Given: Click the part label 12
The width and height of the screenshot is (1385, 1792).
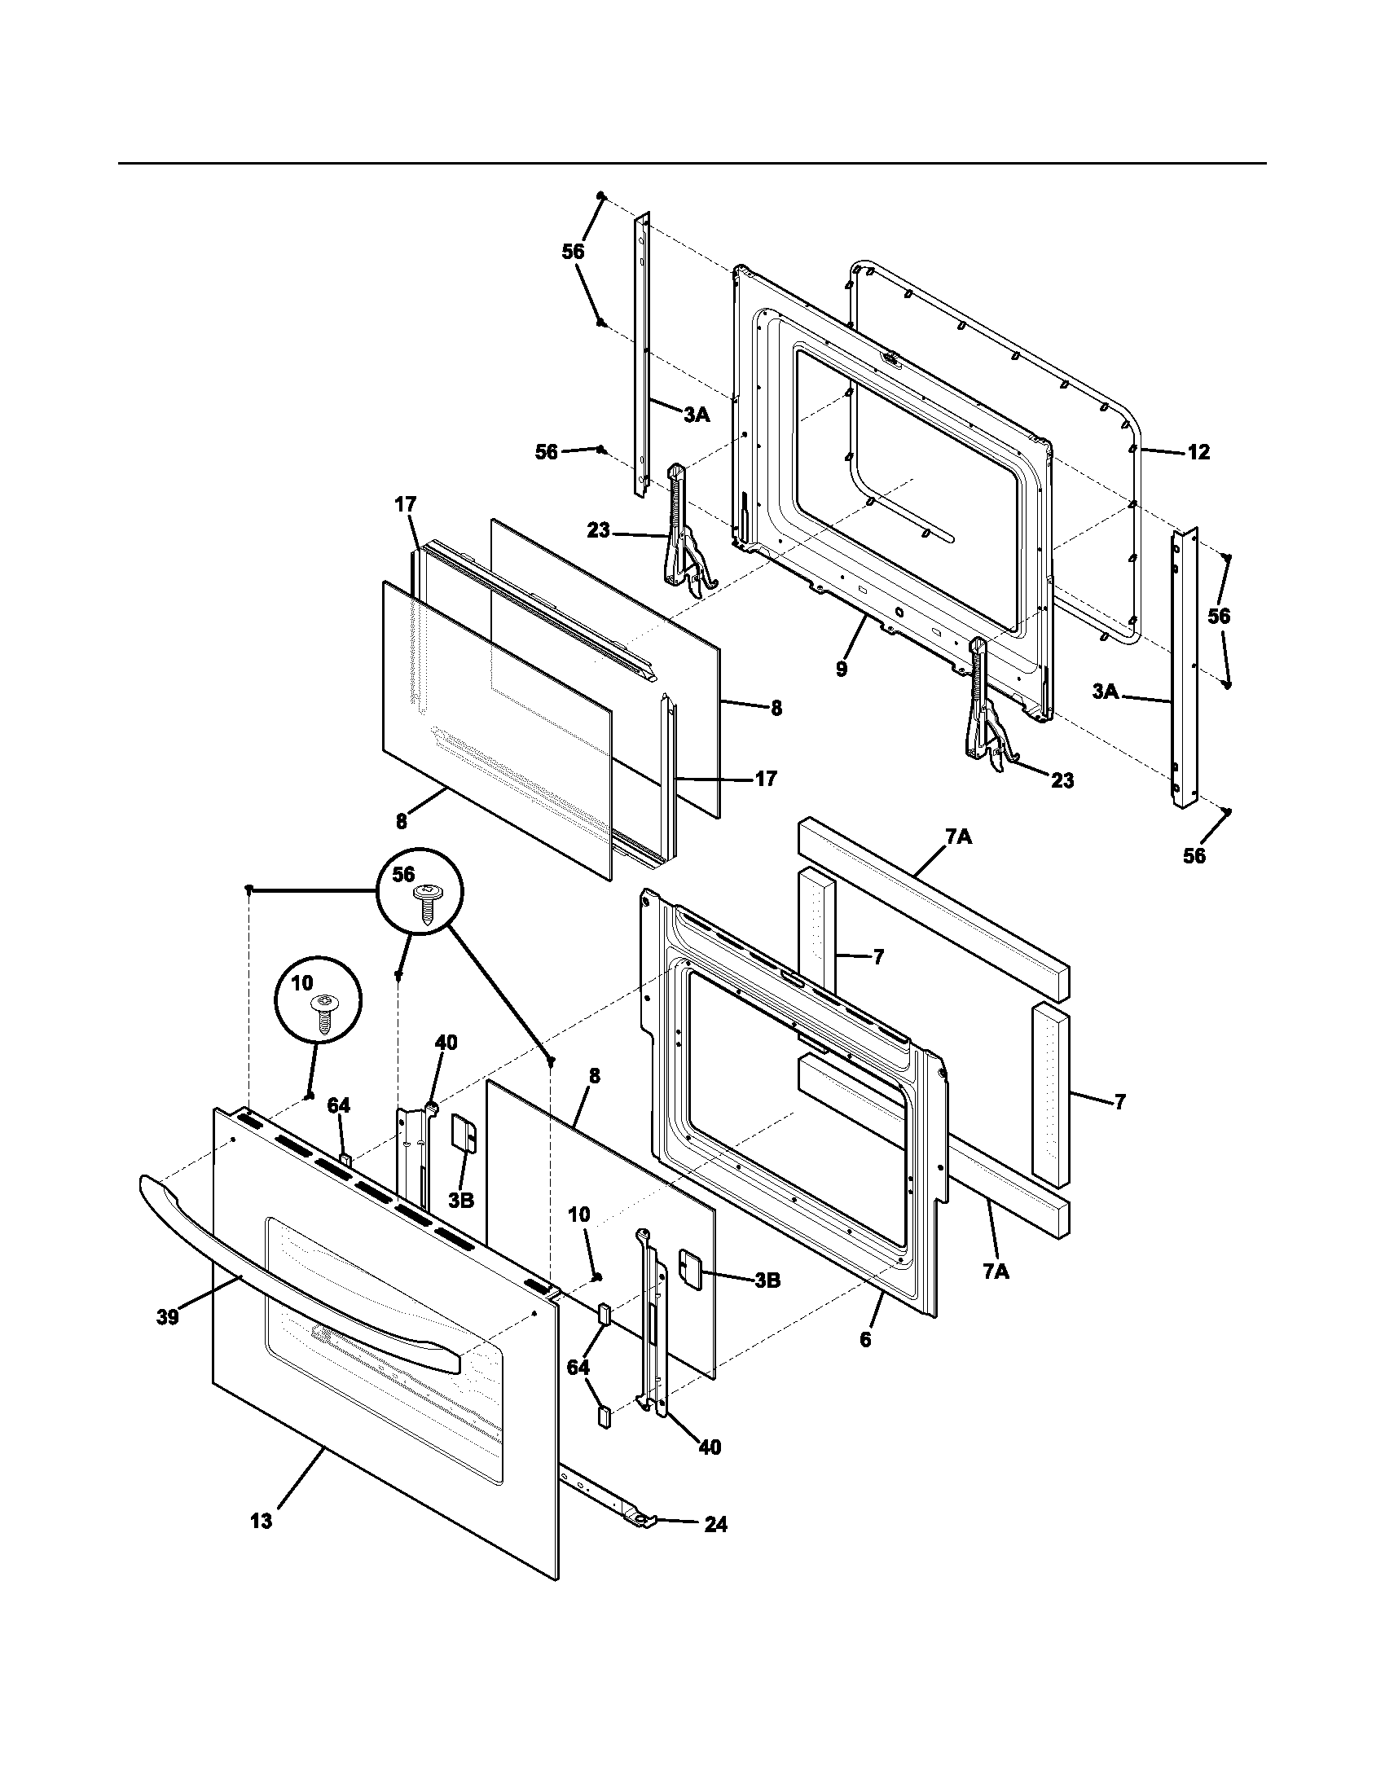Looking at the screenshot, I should click(x=1198, y=452).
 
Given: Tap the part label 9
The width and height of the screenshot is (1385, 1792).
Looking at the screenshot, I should click(x=842, y=670).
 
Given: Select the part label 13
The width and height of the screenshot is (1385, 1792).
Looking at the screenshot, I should click(x=261, y=1522).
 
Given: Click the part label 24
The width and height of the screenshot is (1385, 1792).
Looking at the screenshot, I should click(x=715, y=1525).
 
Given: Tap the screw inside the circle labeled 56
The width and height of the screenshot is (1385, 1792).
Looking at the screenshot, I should click(x=427, y=903).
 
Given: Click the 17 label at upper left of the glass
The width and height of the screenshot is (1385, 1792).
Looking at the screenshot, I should click(x=406, y=505).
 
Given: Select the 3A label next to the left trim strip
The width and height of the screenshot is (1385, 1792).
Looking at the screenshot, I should click(x=697, y=416).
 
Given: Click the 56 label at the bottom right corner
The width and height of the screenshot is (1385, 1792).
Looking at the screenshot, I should click(x=1194, y=856).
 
